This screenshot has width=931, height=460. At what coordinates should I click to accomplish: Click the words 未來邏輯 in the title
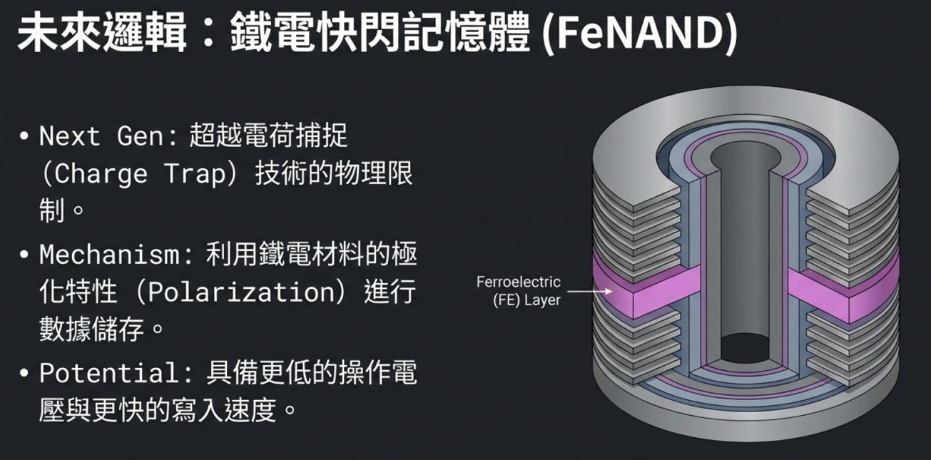(101, 32)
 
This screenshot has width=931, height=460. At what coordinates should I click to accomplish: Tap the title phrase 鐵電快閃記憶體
(380, 32)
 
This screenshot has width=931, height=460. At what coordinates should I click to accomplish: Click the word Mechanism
(109, 254)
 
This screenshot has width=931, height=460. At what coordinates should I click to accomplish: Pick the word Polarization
(241, 292)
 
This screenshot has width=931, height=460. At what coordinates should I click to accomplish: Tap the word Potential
(109, 372)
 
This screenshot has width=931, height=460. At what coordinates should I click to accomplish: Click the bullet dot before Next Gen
(24, 136)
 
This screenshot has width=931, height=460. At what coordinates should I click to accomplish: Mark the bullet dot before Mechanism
(24, 255)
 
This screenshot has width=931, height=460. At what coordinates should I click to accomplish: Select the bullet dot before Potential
(24, 373)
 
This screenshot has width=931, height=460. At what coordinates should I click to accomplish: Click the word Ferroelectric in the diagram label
(518, 282)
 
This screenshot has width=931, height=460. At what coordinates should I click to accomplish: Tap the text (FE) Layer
(526, 300)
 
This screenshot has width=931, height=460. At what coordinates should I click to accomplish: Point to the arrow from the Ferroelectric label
(590, 291)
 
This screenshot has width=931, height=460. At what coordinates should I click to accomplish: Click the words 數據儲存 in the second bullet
(91, 329)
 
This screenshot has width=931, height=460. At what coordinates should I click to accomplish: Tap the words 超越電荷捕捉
(268, 136)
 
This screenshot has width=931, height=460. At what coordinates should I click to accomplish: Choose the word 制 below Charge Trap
(52, 210)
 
